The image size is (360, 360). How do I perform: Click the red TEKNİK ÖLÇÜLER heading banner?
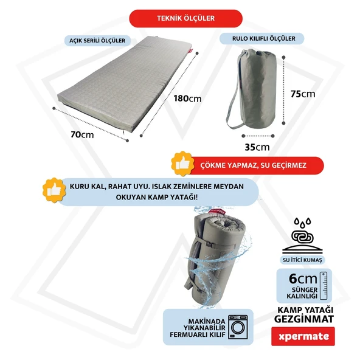coord(185,18)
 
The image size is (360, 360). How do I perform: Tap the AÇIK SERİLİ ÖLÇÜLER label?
coord(97,41)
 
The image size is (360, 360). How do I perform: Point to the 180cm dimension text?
coord(187,99)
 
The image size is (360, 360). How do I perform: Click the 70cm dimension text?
coord(82,134)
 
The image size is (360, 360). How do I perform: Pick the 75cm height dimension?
coord(303,94)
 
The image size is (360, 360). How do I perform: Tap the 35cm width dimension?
coord(257,147)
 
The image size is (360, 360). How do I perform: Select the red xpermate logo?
coord(303,336)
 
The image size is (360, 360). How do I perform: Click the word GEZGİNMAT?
coord(304,319)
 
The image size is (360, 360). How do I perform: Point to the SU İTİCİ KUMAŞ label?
coord(302,260)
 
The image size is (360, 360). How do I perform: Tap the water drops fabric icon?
coord(302,235)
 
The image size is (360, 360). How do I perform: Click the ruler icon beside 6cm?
coord(324,286)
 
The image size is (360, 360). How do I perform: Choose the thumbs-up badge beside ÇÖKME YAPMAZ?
coord(182,164)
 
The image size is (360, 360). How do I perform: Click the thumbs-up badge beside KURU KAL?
coord(54,190)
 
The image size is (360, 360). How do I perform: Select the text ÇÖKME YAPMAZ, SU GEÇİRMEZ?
coord(253,165)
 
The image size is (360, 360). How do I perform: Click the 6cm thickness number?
coord(303,279)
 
